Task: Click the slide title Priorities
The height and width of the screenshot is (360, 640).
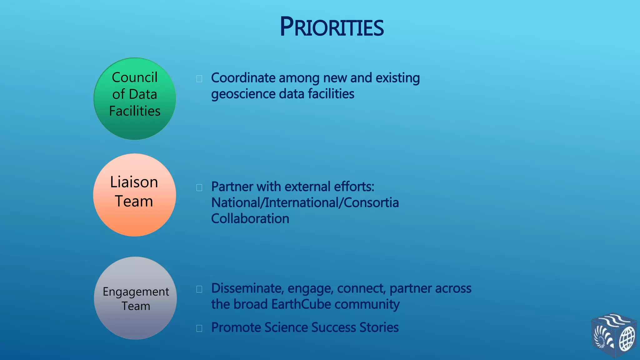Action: (332, 27)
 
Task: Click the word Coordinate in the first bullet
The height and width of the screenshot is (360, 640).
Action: (243, 78)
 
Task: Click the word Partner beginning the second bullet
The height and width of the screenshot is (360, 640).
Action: (232, 187)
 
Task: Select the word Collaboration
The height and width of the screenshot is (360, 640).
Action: (250, 219)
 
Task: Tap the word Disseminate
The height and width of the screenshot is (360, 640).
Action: (247, 288)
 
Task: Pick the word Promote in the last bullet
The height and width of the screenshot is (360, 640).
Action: (236, 328)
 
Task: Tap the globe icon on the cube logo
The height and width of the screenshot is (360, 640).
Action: (627, 339)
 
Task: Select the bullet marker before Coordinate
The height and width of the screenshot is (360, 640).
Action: (199, 79)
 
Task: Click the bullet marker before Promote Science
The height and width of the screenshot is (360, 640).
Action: (199, 328)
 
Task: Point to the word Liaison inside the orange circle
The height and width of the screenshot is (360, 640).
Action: (134, 182)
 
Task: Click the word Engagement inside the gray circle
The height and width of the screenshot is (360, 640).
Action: (136, 292)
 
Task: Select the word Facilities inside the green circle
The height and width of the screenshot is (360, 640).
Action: (135, 111)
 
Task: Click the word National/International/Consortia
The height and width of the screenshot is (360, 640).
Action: (305, 203)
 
